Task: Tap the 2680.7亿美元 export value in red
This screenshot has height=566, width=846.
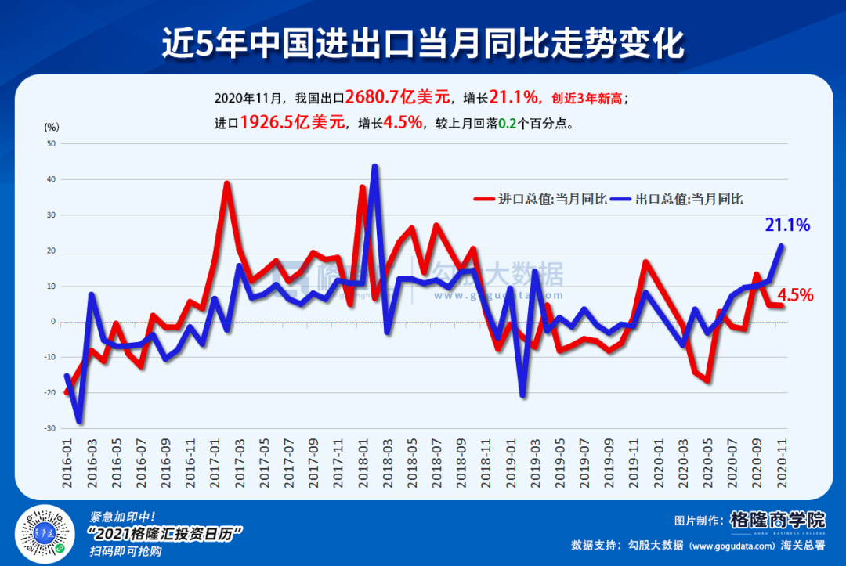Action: coord(399,97)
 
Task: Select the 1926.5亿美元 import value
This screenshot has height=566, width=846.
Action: coord(292,122)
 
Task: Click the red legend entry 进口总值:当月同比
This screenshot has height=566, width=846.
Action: coord(540,199)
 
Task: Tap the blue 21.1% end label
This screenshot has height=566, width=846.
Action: coord(786,225)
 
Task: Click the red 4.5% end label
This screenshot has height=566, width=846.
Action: coord(794,295)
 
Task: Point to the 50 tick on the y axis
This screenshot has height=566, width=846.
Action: coord(52,144)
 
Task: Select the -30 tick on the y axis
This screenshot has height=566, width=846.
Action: coord(50,428)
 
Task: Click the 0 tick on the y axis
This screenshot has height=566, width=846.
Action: coord(54,322)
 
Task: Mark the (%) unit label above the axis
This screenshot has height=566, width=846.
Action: coord(52,126)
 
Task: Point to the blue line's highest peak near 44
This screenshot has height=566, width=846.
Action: coord(374,166)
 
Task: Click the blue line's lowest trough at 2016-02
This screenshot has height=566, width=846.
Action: coord(79,421)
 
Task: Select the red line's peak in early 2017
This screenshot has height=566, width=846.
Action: coord(226,183)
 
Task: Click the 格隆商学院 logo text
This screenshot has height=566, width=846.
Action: coord(777,520)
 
